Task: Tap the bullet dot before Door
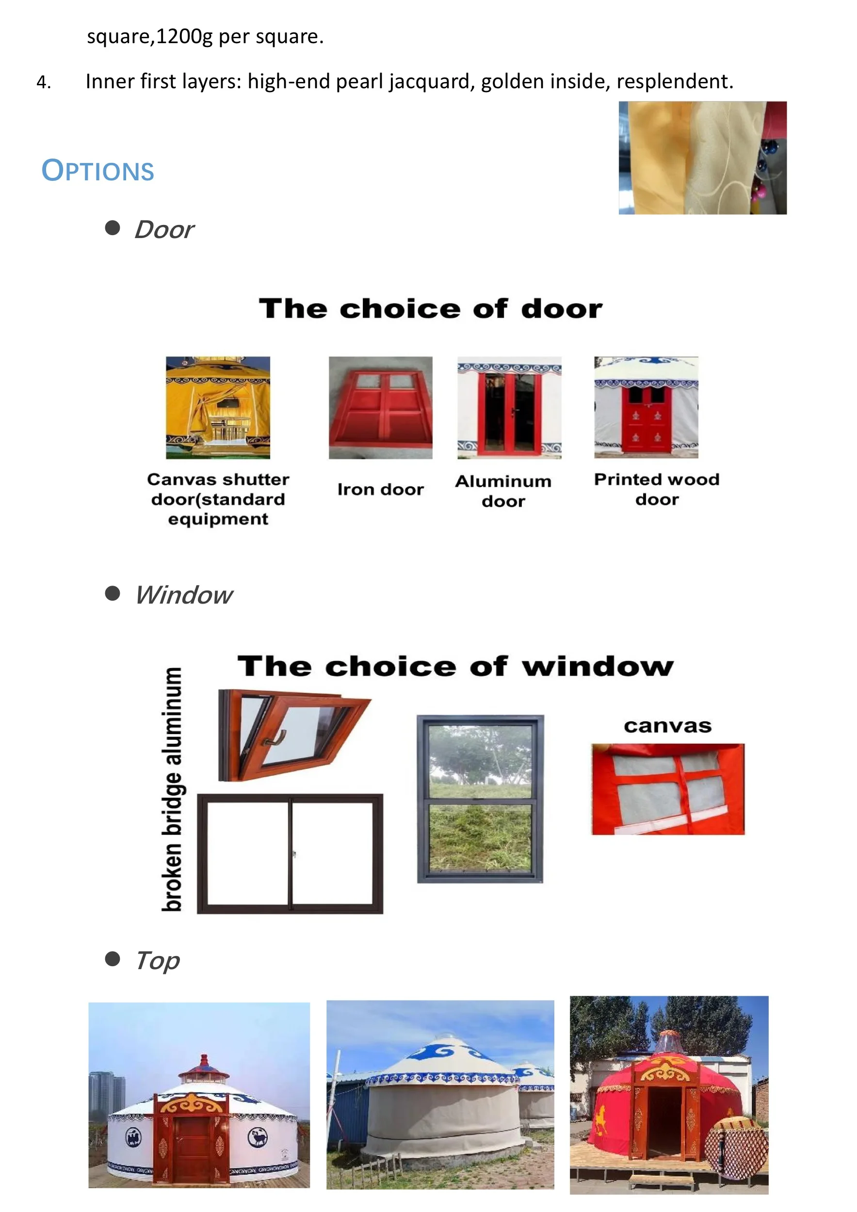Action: click(x=113, y=227)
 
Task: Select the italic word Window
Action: click(x=183, y=595)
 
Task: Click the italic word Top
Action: click(x=157, y=960)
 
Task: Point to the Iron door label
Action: click(x=380, y=489)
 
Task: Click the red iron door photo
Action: click(x=380, y=408)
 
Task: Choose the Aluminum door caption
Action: click(x=503, y=491)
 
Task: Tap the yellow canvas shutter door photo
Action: click(x=218, y=408)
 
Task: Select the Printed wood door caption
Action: click(x=656, y=489)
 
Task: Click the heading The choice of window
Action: click(x=455, y=666)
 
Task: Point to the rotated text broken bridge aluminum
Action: click(x=173, y=789)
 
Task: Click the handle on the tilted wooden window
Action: click(x=275, y=739)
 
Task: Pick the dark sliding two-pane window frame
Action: click(x=290, y=854)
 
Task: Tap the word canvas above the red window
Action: click(x=667, y=726)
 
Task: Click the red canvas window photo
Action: click(x=667, y=789)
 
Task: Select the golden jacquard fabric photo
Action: click(x=702, y=158)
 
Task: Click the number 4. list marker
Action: click(x=44, y=82)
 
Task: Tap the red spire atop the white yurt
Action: click(x=204, y=1059)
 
